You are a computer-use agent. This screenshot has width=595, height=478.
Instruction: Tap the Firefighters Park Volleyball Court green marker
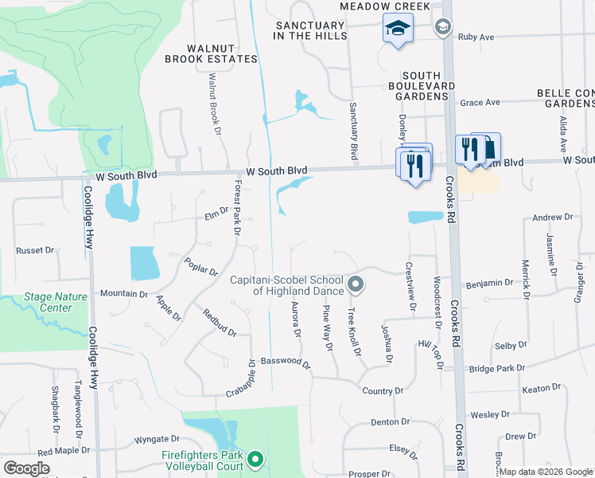point(255,459)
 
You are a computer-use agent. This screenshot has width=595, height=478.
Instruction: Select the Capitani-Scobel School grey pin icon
point(356,283)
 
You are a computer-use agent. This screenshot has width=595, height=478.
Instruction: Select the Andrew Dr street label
point(552,217)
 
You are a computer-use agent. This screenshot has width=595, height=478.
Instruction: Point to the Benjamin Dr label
point(490,283)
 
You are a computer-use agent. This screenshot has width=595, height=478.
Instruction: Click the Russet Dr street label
point(35,250)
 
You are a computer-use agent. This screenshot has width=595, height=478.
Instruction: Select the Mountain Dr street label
point(123,293)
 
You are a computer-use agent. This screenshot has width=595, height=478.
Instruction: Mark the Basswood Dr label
point(285,361)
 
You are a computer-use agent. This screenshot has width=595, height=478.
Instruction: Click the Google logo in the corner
point(26,468)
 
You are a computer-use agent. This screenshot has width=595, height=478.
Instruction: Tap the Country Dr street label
point(383,391)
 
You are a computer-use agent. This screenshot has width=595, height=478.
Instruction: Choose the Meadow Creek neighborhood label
point(385,6)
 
